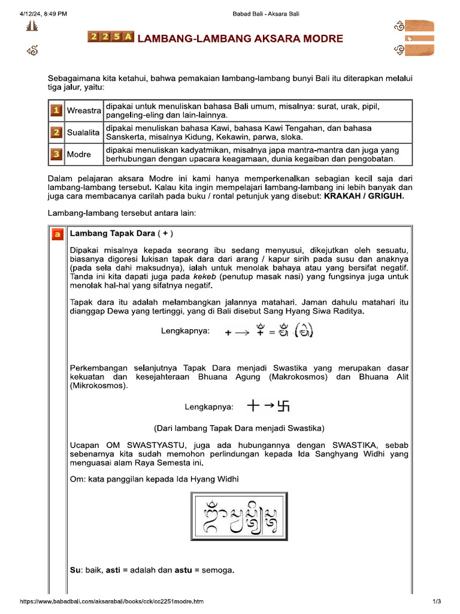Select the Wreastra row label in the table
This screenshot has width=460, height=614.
84,111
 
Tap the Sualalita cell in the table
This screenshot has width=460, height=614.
84,133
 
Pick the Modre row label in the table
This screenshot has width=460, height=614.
79,154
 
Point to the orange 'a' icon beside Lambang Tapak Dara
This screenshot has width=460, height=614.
57,234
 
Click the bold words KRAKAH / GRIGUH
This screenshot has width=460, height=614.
364,196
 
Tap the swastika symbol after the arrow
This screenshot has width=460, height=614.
283,407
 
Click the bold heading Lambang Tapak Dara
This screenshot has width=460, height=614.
112,233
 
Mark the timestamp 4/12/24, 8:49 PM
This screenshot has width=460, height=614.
43,13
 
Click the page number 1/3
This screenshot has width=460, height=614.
437,601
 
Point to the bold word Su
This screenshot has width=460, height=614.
75,570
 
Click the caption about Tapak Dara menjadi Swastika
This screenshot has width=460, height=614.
239,428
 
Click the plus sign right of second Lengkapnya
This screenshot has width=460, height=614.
253,407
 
